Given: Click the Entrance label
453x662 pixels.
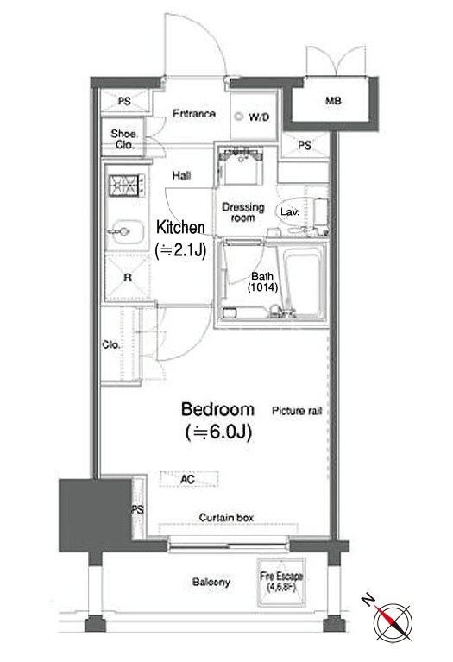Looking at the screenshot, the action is [x=194, y=114].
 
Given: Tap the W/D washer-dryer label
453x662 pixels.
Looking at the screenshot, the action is [x=259, y=117].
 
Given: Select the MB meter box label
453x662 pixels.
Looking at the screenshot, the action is [x=334, y=101].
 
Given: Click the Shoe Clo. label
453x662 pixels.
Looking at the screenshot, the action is [x=123, y=139].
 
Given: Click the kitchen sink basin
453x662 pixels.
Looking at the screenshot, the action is [x=126, y=231].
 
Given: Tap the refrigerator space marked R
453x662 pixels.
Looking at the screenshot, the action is [x=127, y=277].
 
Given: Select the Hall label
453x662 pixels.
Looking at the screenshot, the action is [x=181, y=175].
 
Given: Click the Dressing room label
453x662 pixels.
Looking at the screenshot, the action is [x=243, y=212].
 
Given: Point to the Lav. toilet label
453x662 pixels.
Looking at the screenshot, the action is [x=290, y=211].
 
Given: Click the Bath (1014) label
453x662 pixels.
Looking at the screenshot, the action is [x=262, y=282].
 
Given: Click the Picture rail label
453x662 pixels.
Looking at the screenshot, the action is [x=297, y=411].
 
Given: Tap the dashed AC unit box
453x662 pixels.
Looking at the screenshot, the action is [x=189, y=479].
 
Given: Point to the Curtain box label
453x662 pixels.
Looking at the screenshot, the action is [x=226, y=518].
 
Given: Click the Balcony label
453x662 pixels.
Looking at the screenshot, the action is [x=211, y=583].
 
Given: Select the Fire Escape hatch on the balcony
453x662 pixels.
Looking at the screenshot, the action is [x=281, y=582].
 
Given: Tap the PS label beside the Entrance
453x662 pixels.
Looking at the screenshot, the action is [x=124, y=102].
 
